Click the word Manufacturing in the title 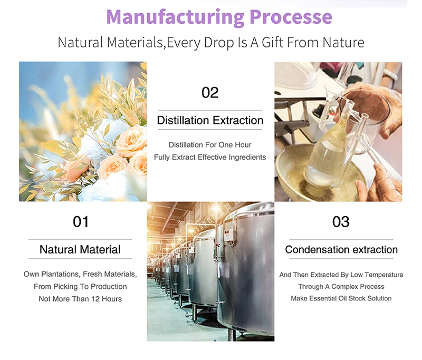point(176,17)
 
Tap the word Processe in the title point(291,17)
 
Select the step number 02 point(210,92)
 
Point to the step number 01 point(81,222)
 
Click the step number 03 point(341,222)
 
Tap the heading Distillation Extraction point(210,120)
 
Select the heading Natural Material point(80,249)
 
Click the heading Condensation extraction point(341,249)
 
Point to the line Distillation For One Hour point(210,144)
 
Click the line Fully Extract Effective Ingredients point(210,157)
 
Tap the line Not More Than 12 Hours point(80,299)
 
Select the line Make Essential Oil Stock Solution point(341,298)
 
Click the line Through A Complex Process point(341,286)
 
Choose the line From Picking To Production point(80,286)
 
